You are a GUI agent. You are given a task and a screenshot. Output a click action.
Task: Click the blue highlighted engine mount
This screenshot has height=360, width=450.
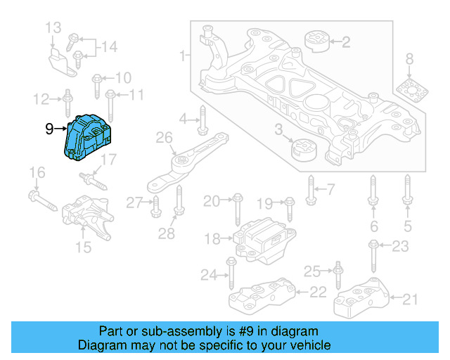(x=89, y=136)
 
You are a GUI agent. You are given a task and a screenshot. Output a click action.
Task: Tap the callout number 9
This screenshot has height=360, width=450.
(x=50, y=129)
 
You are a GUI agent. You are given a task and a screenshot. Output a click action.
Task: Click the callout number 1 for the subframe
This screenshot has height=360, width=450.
(x=183, y=56)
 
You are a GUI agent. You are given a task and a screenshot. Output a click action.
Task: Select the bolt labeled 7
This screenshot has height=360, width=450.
(x=310, y=188)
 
